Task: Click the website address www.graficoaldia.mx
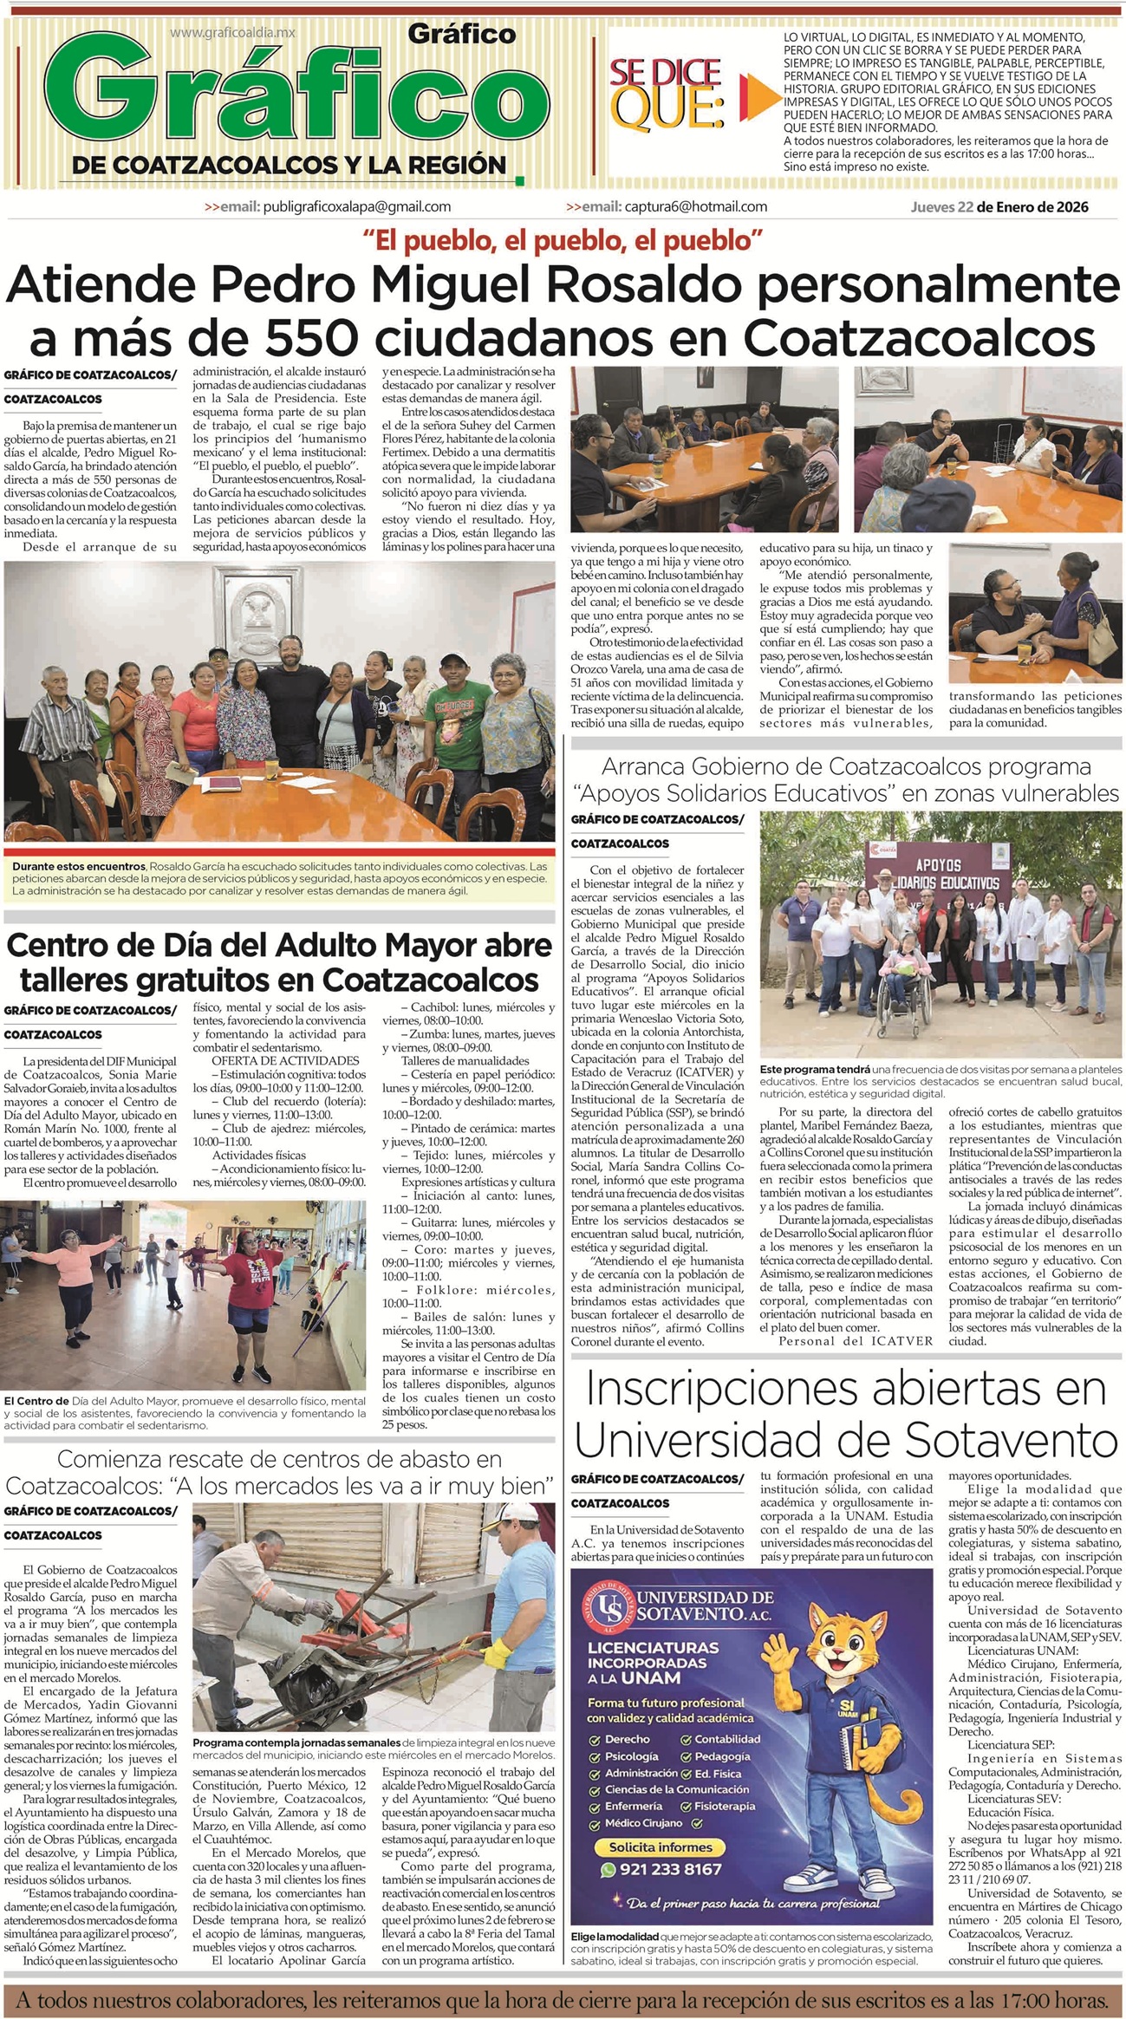click(x=232, y=32)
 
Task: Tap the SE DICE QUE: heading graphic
click(x=667, y=92)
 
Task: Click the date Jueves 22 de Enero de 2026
click(x=999, y=207)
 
